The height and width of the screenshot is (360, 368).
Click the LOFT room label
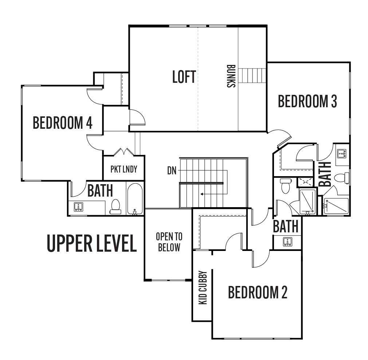coord(184,77)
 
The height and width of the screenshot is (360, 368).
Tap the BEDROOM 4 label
coord(62,123)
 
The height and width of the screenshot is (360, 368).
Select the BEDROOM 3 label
coord(308,101)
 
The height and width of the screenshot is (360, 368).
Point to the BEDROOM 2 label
coord(258,292)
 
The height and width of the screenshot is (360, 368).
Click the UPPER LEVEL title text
coord(92,243)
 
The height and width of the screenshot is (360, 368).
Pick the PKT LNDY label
coord(124,169)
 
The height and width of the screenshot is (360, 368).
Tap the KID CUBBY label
coord(203,288)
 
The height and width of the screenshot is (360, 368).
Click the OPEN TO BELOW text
coord(169,242)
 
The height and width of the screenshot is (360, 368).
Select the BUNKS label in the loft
coord(231,76)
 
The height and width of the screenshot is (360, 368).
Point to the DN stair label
coord(172,171)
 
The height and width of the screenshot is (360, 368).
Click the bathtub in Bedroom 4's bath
coord(135,199)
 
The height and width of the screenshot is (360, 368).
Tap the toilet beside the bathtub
coord(115,207)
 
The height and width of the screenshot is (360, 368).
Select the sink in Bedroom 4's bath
coord(78,207)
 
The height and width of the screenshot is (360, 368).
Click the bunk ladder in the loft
coord(252,76)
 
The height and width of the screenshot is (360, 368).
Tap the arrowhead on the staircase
coord(201,194)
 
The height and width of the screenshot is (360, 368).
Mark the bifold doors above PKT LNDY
coord(124,152)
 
